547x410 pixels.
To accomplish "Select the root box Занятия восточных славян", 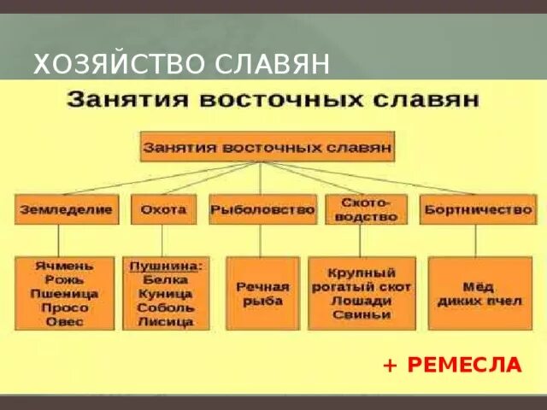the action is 268,146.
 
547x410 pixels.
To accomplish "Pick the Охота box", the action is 163,209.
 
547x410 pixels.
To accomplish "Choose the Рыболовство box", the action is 262,209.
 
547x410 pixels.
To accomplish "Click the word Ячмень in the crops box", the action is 65,265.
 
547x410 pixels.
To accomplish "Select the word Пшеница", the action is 65,293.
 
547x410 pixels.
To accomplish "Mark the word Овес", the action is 65,321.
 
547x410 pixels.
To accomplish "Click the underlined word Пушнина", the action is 165,266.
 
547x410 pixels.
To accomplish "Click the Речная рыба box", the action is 262,293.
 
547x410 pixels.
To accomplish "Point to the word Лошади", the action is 361,301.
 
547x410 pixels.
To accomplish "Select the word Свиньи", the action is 361,314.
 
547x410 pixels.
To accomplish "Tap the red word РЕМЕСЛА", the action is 464,365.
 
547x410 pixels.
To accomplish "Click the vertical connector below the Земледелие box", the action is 58,239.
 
